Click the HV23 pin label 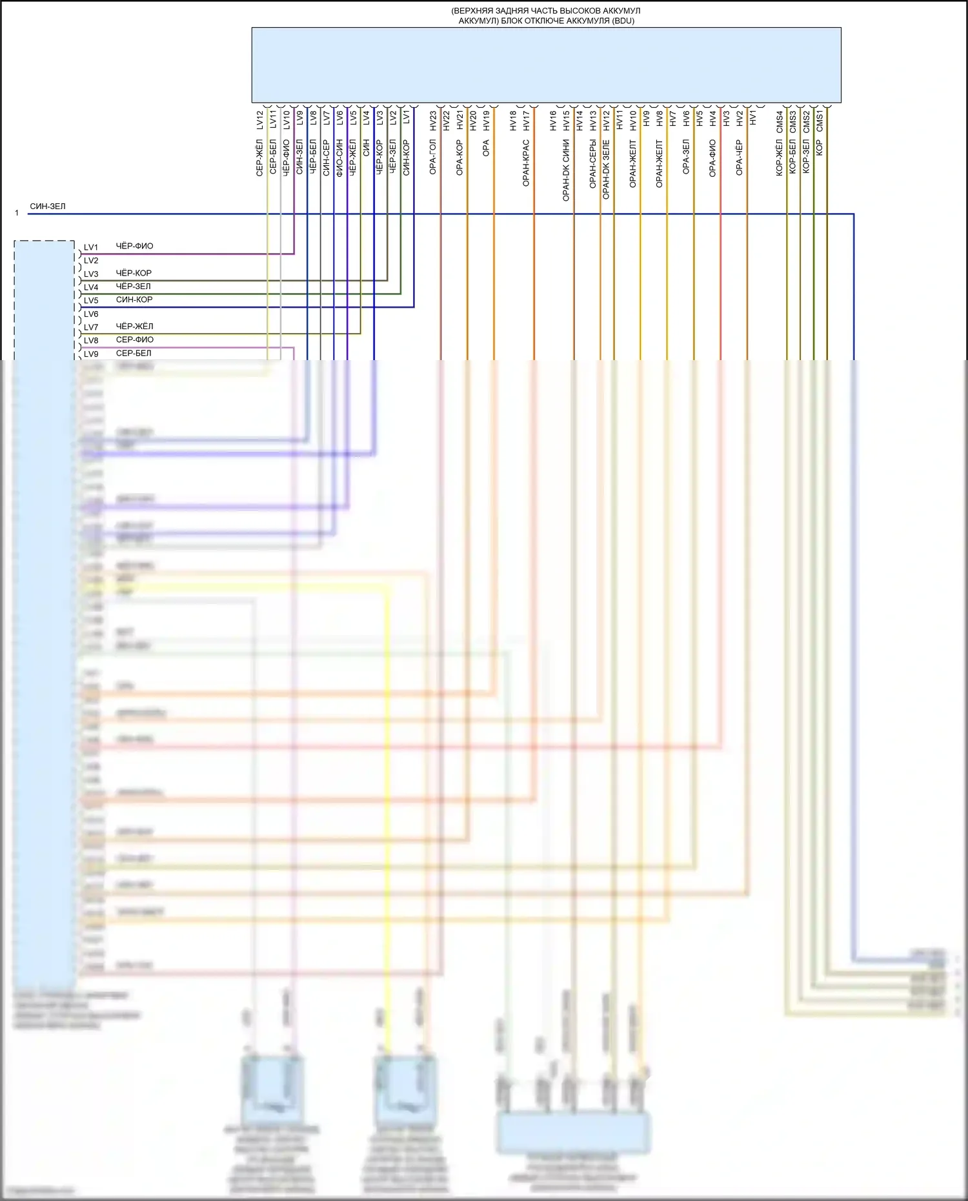pos(434,120)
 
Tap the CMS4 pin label pos(780,121)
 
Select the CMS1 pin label pos(820,120)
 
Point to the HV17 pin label pos(527,120)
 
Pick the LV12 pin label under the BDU pos(260,120)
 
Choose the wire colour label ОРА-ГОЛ pos(433,157)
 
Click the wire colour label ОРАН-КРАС pos(526,163)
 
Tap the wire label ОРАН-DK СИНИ pos(566,170)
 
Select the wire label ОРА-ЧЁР pos(739,157)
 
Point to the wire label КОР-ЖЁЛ pos(780,157)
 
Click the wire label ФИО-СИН pos(339,157)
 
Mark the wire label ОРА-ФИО pos(712,157)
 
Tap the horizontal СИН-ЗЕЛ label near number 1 pos(48,207)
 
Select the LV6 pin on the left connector pos(91,314)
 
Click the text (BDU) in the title pos(623,21)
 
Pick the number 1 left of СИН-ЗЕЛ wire pos(17,213)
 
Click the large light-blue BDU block pos(546,65)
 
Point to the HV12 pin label pos(606,120)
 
